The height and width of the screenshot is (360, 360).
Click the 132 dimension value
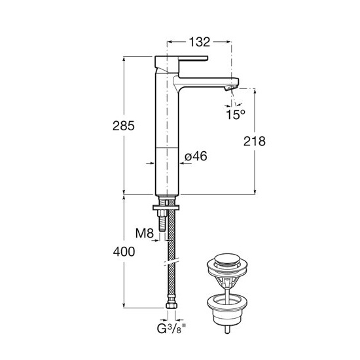(199, 42)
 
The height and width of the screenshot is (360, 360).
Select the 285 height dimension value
(124, 126)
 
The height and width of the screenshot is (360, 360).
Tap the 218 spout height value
(255, 141)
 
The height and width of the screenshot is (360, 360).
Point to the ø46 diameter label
(196, 156)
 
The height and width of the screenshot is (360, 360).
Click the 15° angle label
(236, 115)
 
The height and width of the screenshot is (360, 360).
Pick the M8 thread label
(145, 234)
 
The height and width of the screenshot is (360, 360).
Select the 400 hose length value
(124, 252)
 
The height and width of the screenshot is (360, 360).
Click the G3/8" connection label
(171, 329)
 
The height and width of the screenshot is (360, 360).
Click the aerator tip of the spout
(230, 87)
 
